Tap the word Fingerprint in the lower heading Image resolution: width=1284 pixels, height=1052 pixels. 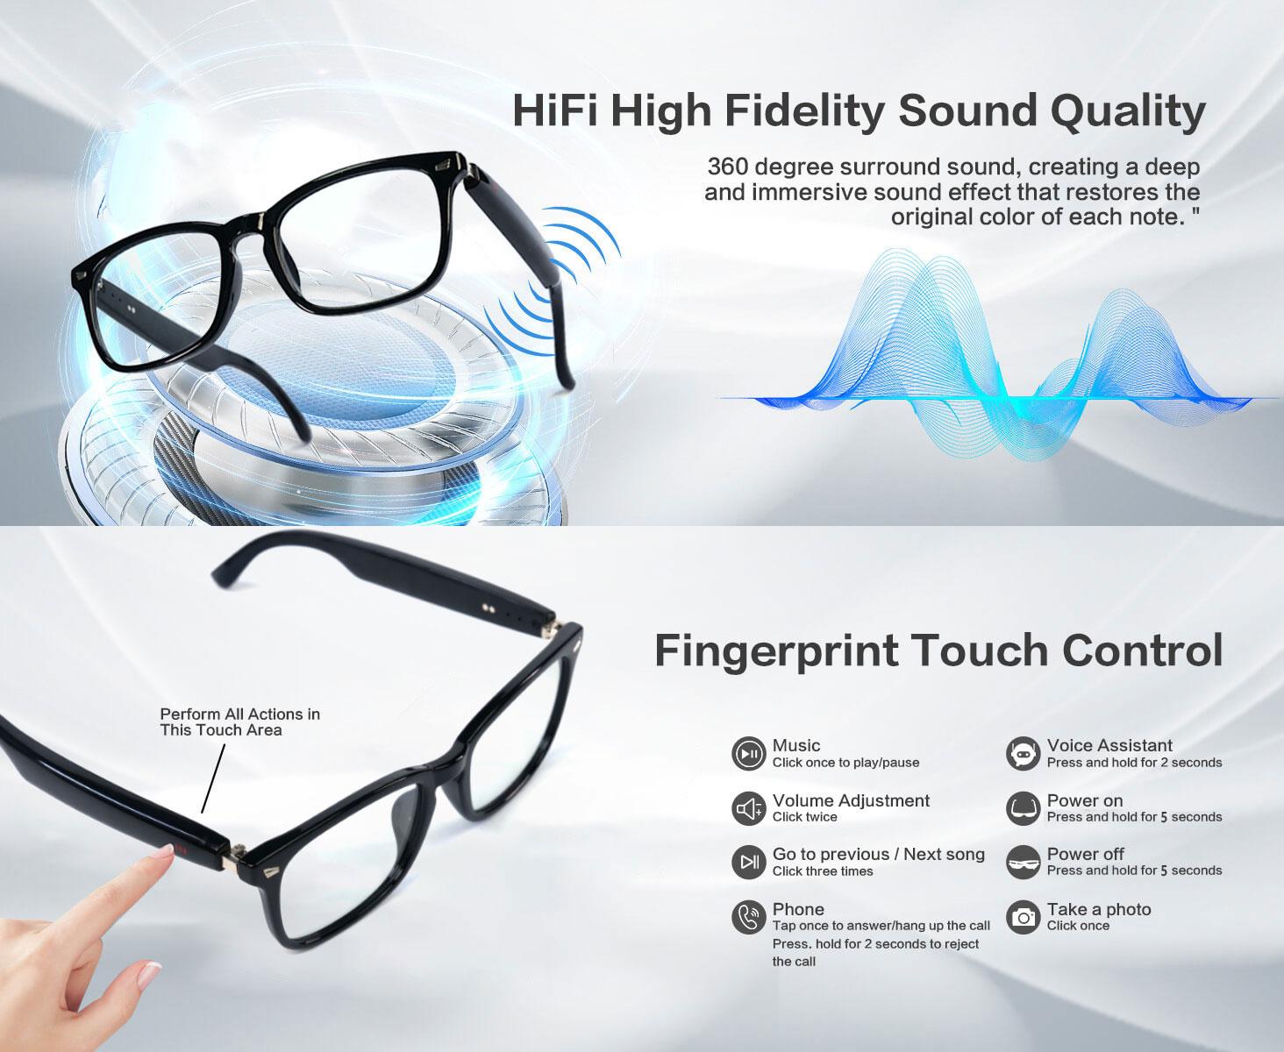click(x=775, y=652)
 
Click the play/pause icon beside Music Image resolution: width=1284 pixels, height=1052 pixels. click(x=748, y=754)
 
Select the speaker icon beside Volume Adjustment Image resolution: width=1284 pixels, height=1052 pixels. click(x=748, y=808)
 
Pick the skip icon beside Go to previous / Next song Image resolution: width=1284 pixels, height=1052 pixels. click(x=748, y=862)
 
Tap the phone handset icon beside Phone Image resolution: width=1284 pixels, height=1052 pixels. click(x=748, y=917)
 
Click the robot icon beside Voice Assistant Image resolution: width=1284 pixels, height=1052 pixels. click(x=1023, y=754)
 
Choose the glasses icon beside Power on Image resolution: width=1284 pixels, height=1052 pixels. click(x=1023, y=808)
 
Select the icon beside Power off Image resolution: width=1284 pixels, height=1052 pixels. click(x=1023, y=862)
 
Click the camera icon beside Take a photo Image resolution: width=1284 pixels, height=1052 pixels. click(x=1023, y=917)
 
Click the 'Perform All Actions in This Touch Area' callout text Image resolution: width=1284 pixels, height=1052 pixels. click(x=240, y=721)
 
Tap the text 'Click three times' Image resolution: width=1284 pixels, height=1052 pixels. click(x=823, y=871)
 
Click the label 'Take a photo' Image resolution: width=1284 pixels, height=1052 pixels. click(x=1099, y=909)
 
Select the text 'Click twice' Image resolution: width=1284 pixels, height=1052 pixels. click(x=805, y=817)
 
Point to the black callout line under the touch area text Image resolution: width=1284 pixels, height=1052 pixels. click(x=213, y=778)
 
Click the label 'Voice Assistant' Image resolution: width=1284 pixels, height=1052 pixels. click(x=1109, y=745)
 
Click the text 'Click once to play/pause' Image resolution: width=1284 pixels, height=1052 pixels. click(x=845, y=763)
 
